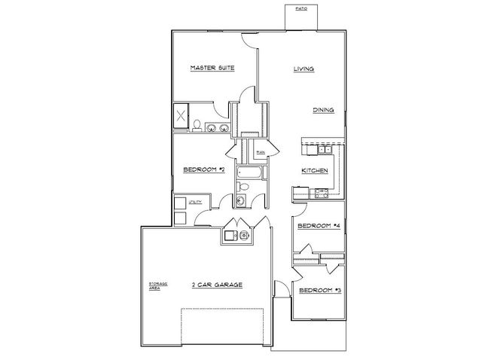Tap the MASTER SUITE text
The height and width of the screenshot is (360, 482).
click(x=213, y=68)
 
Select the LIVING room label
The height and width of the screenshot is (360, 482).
click(x=303, y=70)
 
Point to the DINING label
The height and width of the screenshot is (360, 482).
click(x=324, y=110)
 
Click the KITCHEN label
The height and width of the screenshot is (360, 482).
click(x=314, y=171)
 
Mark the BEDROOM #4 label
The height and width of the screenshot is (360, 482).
click(x=315, y=226)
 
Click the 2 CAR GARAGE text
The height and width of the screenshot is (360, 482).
click(x=216, y=285)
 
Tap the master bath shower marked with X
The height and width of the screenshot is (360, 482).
click(x=182, y=117)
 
